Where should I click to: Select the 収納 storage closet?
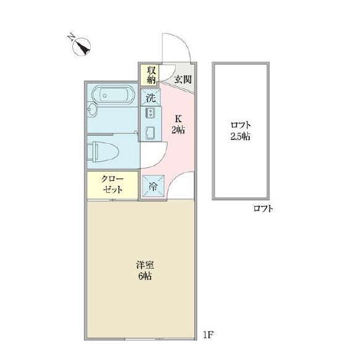[150, 75]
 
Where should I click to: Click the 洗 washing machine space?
[150, 97]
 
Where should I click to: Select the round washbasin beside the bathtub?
[92, 111]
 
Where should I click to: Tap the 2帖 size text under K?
[178, 130]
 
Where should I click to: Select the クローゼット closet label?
[113, 184]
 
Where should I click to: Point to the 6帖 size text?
[144, 276]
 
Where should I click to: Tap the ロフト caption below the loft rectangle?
[263, 209]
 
